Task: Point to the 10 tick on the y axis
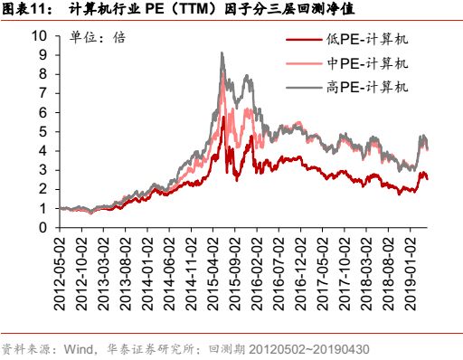click(x=39, y=36)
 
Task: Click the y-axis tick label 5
click(x=43, y=132)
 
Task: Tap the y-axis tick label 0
click(x=43, y=228)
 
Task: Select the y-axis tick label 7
click(x=43, y=93)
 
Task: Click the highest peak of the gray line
click(x=222, y=53)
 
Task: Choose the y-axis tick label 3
click(x=43, y=170)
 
